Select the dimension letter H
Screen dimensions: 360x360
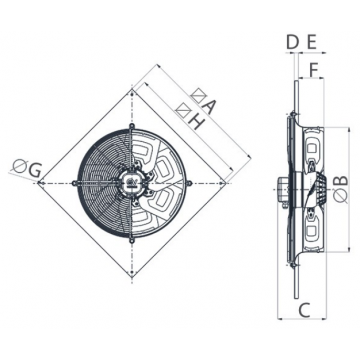point(196,122)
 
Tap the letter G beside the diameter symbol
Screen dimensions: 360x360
point(34,171)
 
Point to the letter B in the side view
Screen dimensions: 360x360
point(341,180)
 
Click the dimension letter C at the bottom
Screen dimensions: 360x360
point(304,310)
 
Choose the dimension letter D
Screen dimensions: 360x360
point(292,43)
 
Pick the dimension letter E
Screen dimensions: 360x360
point(311,43)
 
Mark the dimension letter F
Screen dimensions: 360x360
point(314,70)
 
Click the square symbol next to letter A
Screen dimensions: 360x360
point(198,96)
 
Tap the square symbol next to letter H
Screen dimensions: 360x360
point(184,110)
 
